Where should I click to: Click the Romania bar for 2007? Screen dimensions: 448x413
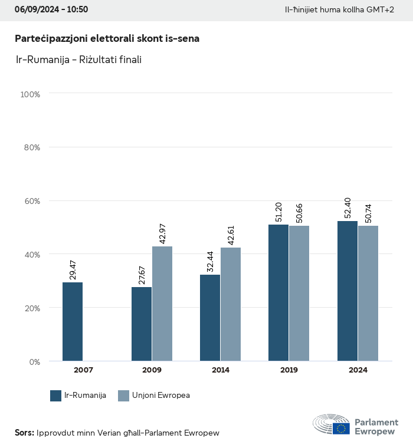pos(73,321)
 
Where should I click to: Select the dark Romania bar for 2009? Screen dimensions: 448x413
pos(142,324)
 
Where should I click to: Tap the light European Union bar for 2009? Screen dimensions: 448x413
pos(162,304)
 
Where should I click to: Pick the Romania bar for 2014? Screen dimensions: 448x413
pos(210,318)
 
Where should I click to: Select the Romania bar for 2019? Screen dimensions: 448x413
pos(278,292)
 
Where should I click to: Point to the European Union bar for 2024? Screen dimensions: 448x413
pos(368,293)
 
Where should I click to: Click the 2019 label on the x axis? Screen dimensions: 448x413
pos(289,370)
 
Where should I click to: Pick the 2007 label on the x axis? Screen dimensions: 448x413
pos(83,370)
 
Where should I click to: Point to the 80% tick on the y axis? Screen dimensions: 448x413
pos(31,147)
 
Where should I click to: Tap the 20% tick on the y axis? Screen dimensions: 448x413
pos(31,308)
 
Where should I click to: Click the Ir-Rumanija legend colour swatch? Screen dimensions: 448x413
pos(56,396)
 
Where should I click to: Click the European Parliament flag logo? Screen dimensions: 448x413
pos(340,429)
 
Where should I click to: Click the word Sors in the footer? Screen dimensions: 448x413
pos(24,433)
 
